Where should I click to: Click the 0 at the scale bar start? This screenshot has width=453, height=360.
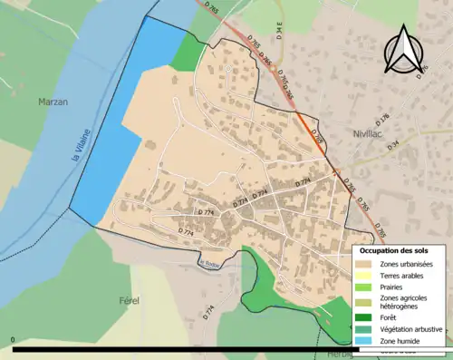click(14, 340)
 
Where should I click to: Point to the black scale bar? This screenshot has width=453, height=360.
click(181, 348)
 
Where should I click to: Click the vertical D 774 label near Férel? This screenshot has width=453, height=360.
click(209, 313)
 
